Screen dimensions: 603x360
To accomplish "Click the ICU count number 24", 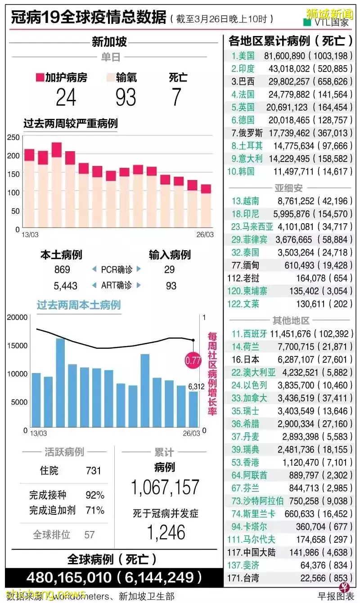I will tap(66, 97).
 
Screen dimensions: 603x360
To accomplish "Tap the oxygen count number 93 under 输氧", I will tap(126, 97).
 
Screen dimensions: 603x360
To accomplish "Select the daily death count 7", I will tap(176, 97).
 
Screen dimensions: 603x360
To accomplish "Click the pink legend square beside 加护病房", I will tap(40, 78).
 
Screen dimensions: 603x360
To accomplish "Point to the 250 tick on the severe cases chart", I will tap(14, 138).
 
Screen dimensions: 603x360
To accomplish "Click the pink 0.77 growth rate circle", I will tap(193, 360).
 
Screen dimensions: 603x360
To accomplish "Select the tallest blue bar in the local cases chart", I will tap(60, 382).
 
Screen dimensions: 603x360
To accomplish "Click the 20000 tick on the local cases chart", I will tap(17, 317).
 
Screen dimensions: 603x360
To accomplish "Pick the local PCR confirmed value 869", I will tap(62, 270).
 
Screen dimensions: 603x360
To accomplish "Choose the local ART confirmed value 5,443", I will tap(65, 286).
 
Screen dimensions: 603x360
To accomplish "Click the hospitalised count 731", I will tap(94, 471).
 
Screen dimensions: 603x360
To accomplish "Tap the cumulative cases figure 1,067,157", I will tap(165, 487).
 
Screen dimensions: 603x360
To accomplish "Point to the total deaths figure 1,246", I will tap(166, 532).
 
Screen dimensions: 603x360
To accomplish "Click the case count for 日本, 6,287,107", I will tap(292, 359).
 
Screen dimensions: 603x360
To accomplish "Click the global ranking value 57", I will tap(90, 535).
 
